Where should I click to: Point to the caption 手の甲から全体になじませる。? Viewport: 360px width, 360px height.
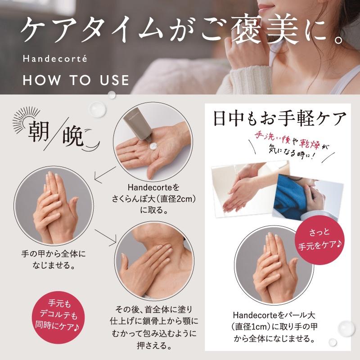(53, 259)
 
